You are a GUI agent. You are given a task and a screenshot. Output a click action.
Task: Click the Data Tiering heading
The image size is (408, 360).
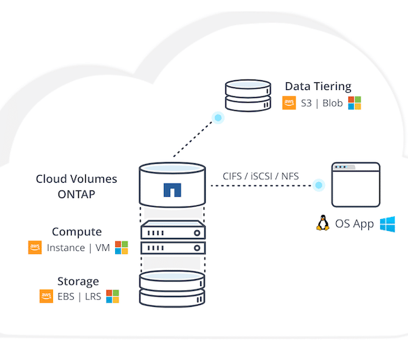point(318,87)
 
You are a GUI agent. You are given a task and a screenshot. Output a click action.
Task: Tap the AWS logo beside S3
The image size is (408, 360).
point(289,103)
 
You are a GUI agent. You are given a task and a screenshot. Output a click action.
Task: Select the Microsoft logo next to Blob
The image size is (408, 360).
point(354,103)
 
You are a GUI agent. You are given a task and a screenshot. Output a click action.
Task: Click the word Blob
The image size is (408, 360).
point(333,103)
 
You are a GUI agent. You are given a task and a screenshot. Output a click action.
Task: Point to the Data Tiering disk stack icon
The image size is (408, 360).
point(248,96)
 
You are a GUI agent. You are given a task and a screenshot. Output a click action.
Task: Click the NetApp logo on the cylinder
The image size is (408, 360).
point(172,190)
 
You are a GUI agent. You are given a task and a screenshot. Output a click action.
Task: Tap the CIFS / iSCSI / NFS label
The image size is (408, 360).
point(260,177)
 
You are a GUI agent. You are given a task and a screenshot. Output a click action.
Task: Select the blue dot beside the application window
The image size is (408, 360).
point(319,185)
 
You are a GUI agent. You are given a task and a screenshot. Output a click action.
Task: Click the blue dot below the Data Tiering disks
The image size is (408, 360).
point(218,118)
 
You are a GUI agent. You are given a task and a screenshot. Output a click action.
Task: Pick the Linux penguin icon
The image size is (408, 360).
point(323,223)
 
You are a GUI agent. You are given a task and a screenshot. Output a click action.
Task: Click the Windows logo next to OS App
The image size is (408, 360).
point(388,224)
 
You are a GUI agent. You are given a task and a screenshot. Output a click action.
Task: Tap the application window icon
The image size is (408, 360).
point(356,185)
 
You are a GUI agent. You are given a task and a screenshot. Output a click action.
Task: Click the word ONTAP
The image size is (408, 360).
point(77,195)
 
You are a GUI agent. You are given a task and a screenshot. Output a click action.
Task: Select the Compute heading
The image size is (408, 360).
point(77,232)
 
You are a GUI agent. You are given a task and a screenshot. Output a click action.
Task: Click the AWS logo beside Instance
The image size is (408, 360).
point(35,247)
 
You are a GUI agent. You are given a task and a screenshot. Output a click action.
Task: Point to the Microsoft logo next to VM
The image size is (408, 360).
point(121,248)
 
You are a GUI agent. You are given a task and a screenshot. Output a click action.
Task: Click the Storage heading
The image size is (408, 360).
point(78,281)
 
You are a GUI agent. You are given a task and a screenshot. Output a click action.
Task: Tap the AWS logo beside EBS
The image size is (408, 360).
point(46,297)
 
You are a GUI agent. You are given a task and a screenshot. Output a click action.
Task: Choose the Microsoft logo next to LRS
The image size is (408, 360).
point(113,297)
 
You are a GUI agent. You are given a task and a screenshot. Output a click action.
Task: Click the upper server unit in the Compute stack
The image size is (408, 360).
point(173,230)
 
